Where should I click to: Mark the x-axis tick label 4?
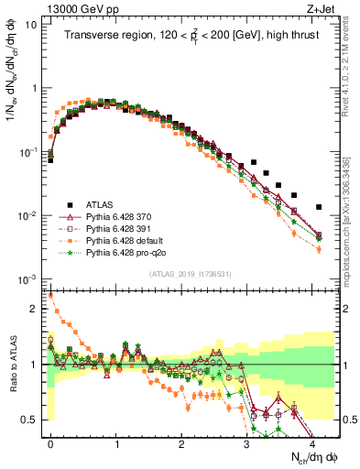tap(312, 442)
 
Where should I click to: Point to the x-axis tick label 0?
tap(50, 442)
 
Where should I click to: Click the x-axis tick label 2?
tap(181, 442)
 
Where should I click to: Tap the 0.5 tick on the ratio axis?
tap(35, 420)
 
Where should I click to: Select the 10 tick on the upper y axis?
tap(33, 25)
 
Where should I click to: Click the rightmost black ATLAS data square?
tap(319, 207)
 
